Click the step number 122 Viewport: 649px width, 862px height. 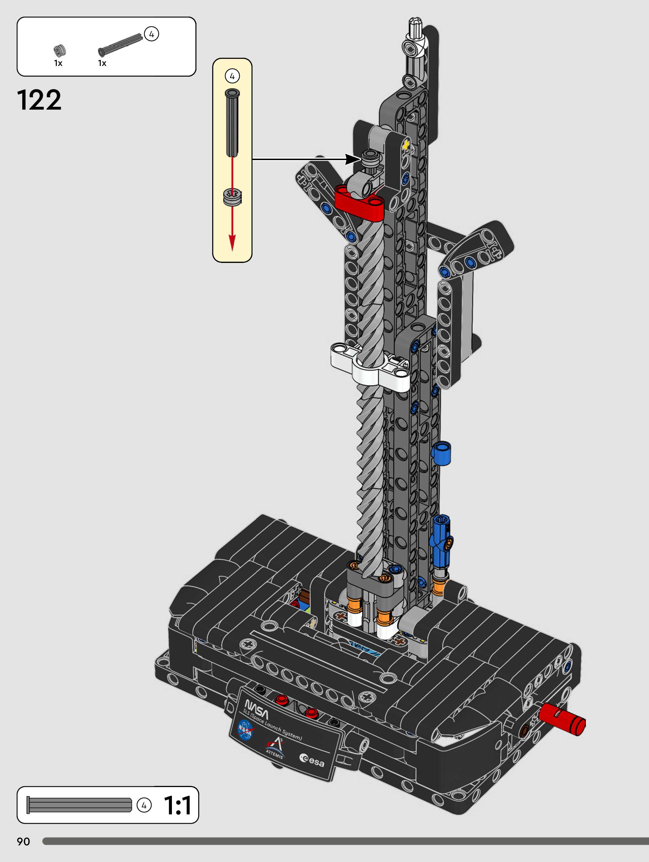click(x=39, y=100)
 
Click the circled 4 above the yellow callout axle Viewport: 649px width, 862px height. click(x=232, y=76)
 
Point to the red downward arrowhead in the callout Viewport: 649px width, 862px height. click(x=232, y=242)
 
